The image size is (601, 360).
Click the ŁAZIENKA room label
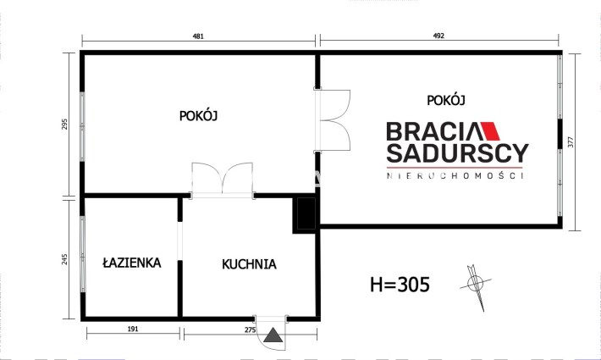[x=132, y=263]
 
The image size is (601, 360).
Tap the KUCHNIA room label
[x=249, y=264]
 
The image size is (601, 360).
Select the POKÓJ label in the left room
[x=199, y=115]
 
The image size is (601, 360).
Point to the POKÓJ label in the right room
[x=446, y=100]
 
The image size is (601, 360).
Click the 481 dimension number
[x=198, y=36]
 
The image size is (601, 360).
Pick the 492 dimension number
[x=438, y=36]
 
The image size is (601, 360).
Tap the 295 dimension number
[x=64, y=124]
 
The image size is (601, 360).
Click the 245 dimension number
[x=64, y=259]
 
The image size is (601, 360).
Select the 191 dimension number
[x=133, y=329]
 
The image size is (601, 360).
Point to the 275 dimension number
[x=251, y=330]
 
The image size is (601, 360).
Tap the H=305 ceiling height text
[x=400, y=285]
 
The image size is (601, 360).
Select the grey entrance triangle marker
[x=273, y=335]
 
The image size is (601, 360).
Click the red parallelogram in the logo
[x=490, y=131]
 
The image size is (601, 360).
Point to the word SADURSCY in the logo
[x=457, y=153]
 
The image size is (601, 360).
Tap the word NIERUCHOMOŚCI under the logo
[x=455, y=176]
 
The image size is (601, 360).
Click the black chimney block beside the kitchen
[x=305, y=214]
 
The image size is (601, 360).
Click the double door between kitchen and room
[x=223, y=180]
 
